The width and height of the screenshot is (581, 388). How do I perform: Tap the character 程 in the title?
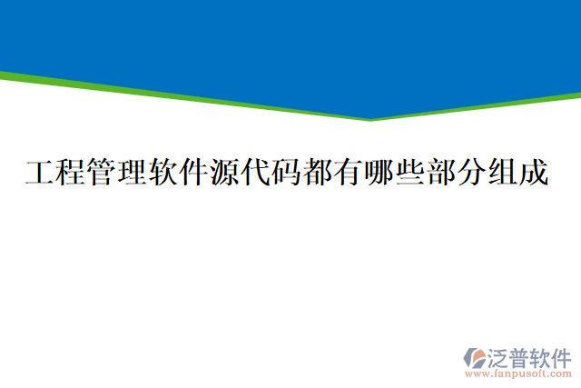(x=69, y=173)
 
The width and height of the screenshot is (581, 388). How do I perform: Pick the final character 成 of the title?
(x=536, y=173)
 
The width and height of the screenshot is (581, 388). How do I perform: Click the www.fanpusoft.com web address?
(x=517, y=373)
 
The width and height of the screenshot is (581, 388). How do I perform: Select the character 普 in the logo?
(x=520, y=356)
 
